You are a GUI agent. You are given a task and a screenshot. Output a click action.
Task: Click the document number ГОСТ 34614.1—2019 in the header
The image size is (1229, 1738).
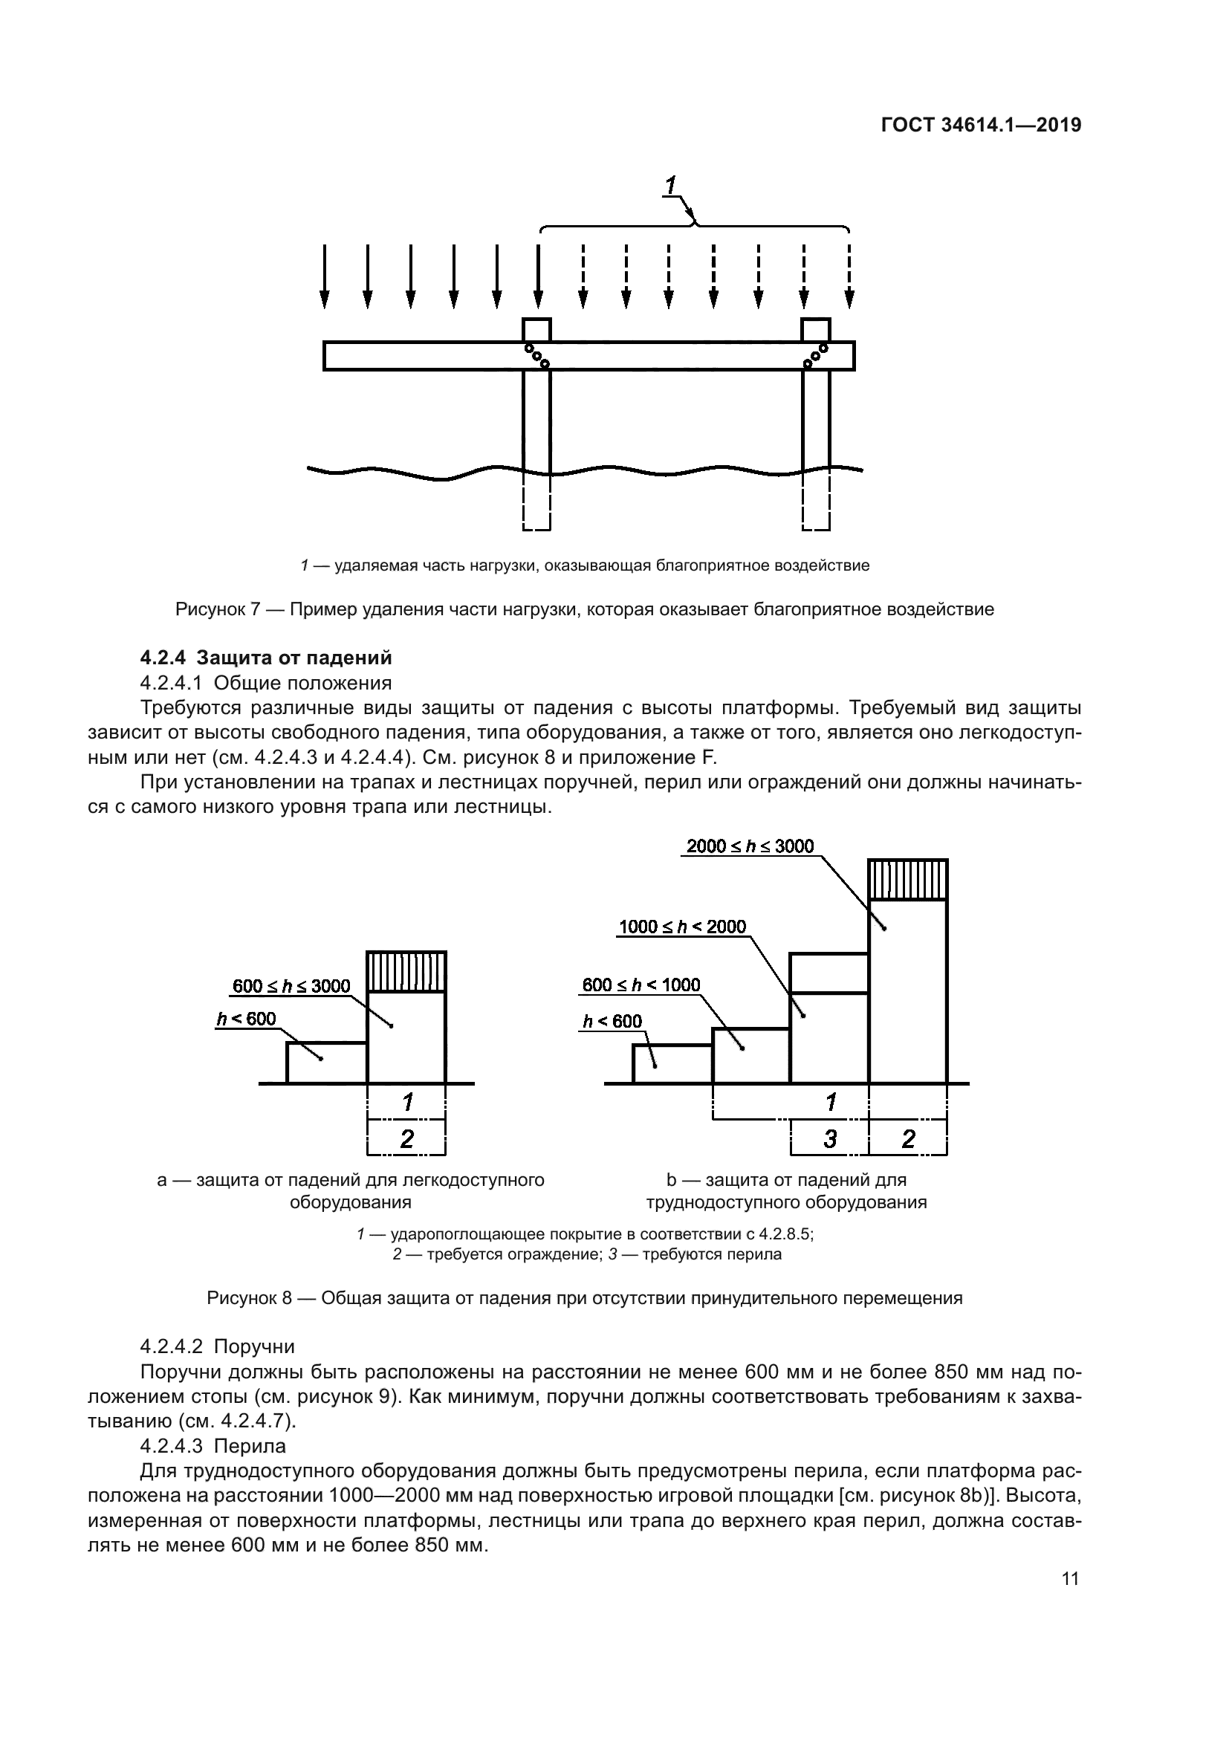point(981,125)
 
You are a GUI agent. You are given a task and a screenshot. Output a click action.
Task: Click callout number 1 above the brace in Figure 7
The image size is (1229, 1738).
point(670,185)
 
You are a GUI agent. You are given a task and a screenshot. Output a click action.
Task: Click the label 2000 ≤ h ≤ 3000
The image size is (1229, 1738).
point(749,846)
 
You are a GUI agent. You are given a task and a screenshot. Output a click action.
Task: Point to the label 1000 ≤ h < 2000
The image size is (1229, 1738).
point(682,927)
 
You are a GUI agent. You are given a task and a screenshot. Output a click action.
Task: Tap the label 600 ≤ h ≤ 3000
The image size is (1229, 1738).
point(291,985)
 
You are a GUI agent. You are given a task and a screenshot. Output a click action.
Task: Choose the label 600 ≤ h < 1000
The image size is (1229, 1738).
point(641,985)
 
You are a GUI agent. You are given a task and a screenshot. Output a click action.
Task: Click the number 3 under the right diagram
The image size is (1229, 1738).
point(830,1138)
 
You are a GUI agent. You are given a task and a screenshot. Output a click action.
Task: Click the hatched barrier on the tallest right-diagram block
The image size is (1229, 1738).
point(907,880)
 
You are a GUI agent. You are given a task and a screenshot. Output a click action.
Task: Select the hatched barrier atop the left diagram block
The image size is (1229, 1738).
point(406,971)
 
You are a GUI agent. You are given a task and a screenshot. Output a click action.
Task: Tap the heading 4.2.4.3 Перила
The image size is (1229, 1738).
point(213,1447)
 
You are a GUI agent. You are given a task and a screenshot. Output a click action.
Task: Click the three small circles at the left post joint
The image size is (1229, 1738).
point(536,355)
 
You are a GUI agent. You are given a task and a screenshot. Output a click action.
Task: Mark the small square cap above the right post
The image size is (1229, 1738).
point(816,330)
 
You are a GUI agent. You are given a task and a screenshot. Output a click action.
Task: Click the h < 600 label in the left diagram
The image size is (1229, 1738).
point(247,1019)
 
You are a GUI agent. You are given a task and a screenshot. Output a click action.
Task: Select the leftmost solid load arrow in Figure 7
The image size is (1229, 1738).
point(325,276)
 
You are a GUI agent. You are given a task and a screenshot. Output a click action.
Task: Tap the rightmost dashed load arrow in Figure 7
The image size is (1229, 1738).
point(849,276)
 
